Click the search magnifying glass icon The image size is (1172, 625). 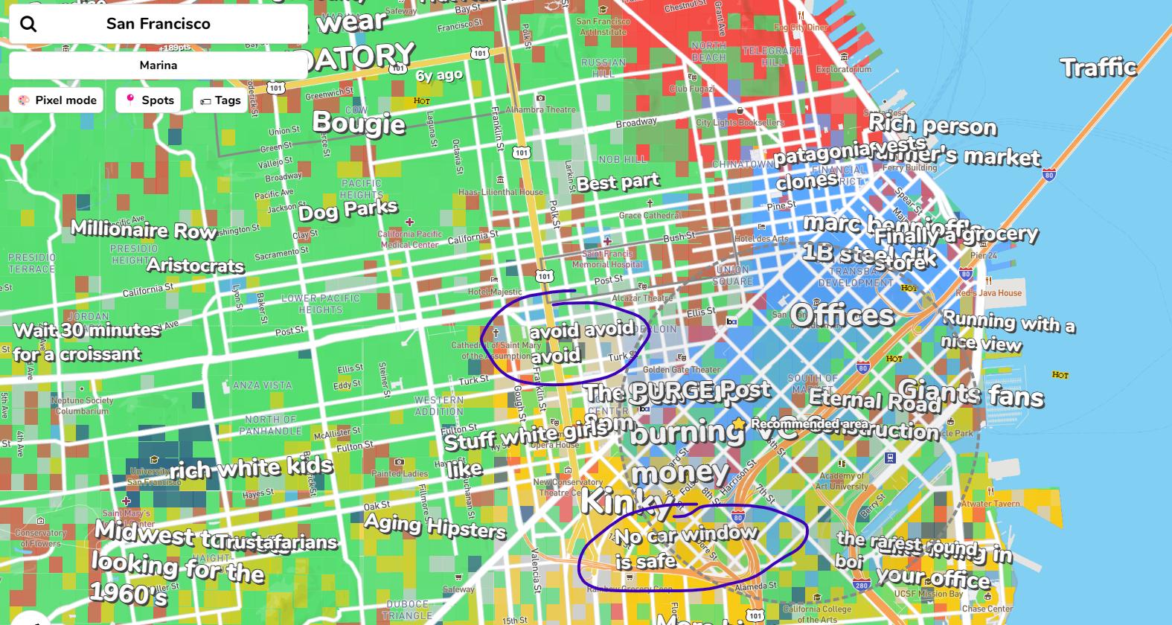[x=28, y=24]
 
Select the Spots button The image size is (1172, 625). [x=148, y=100]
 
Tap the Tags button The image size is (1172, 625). [x=220, y=100]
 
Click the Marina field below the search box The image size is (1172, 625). [x=158, y=65]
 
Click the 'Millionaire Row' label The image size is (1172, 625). [x=143, y=230]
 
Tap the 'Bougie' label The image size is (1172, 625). [x=359, y=123]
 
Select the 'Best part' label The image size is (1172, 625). [x=618, y=182]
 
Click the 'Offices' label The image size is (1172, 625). [x=841, y=315]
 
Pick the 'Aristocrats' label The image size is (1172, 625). [x=195, y=266]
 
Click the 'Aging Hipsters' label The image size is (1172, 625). [x=435, y=526]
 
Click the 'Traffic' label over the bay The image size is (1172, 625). [x=1098, y=68]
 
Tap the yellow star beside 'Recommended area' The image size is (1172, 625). [x=738, y=423]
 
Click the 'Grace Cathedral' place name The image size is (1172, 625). [x=650, y=215]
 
